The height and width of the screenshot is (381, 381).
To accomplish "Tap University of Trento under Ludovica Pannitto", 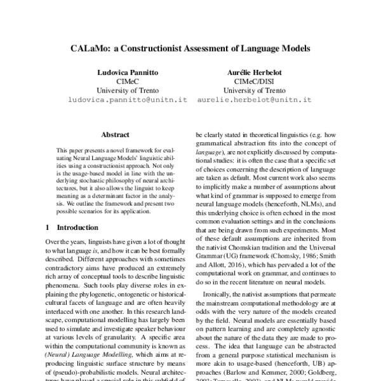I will point(124,91).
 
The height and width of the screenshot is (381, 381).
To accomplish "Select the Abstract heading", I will point(115,135).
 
